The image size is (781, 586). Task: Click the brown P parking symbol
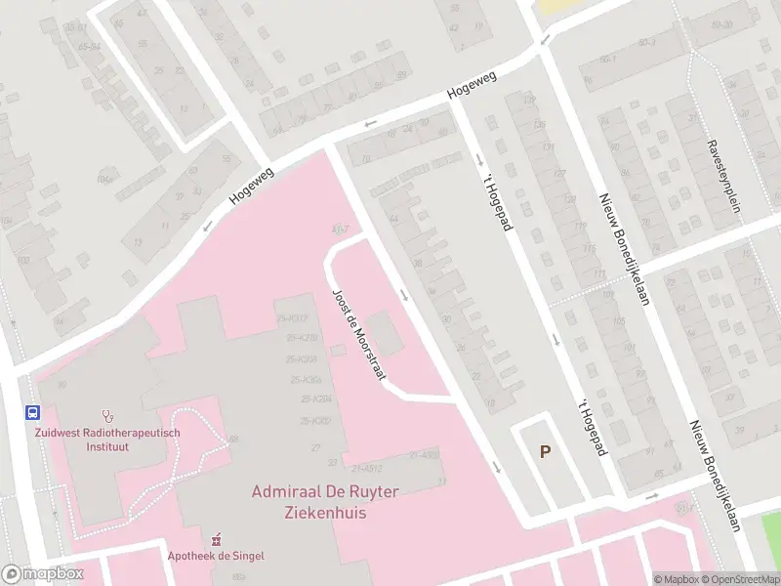point(545,451)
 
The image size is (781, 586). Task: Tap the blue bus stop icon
point(32,412)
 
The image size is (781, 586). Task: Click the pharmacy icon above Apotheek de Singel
point(217,538)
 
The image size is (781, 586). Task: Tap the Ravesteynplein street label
point(724,176)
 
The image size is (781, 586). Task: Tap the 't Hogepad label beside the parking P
point(586,427)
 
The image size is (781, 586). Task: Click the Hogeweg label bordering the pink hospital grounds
point(251,185)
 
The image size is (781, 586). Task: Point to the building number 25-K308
point(304,358)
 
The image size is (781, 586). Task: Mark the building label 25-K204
point(317,399)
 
